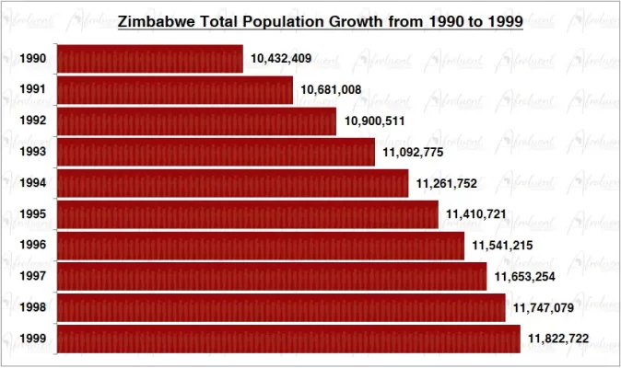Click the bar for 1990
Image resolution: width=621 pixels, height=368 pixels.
click(150, 59)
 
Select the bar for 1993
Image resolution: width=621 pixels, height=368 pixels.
click(216, 152)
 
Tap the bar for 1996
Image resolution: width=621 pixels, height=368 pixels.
click(261, 246)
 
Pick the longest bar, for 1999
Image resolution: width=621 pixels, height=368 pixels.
click(288, 339)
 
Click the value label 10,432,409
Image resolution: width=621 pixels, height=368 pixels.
click(281, 59)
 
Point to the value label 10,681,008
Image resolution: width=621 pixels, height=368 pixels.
click(331, 90)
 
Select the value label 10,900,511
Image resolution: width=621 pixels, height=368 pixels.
click(375, 121)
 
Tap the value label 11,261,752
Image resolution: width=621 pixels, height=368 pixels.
click(447, 184)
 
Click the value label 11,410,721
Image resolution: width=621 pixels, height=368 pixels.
click(476, 214)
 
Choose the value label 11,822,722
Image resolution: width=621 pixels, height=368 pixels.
click(559, 339)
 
